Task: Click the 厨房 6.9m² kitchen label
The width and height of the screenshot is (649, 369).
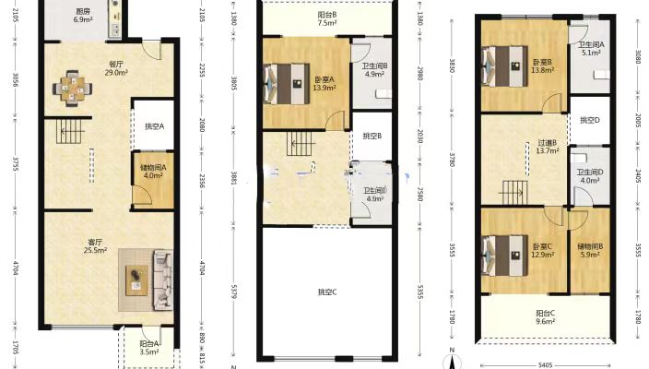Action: [83, 15]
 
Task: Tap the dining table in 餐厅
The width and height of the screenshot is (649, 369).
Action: [73, 89]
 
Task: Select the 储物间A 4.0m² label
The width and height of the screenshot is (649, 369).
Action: [152, 172]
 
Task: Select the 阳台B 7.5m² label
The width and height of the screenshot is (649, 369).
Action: [326, 19]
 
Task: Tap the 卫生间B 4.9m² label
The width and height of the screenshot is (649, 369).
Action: [374, 69]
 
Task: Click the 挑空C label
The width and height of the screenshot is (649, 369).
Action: [327, 292]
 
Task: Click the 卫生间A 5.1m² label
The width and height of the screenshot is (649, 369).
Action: [590, 49]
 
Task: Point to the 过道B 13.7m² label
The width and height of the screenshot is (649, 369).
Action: [548, 147]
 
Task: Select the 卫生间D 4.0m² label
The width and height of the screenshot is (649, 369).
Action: [590, 176]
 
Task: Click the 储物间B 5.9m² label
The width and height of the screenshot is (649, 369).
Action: [590, 250]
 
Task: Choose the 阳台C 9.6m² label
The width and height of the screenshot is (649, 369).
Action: [547, 317]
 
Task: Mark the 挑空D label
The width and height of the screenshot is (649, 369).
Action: [590, 120]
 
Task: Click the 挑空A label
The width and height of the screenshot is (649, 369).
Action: [153, 127]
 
